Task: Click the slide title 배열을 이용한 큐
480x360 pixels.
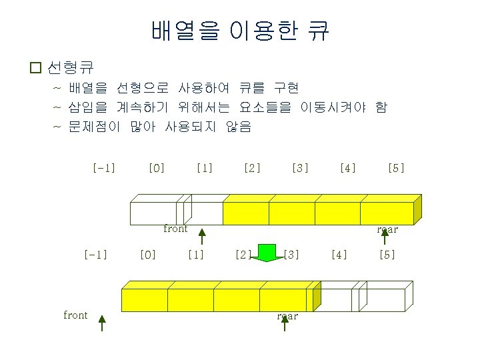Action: [240, 31]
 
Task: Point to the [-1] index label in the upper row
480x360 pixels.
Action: [104, 168]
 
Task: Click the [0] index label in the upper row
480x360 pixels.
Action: [157, 168]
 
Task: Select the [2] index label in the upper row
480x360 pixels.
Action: [252, 168]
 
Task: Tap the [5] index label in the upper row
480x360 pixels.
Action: [396, 168]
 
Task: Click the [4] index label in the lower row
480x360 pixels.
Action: [339, 254]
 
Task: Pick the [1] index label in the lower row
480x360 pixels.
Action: [195, 254]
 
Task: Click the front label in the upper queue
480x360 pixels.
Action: [175, 229]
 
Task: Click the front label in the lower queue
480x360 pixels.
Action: [75, 315]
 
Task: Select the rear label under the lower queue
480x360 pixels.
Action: [287, 316]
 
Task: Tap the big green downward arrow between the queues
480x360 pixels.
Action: [267, 253]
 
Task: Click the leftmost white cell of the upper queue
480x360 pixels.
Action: [153, 213]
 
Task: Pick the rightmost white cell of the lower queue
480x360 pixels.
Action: [383, 299]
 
